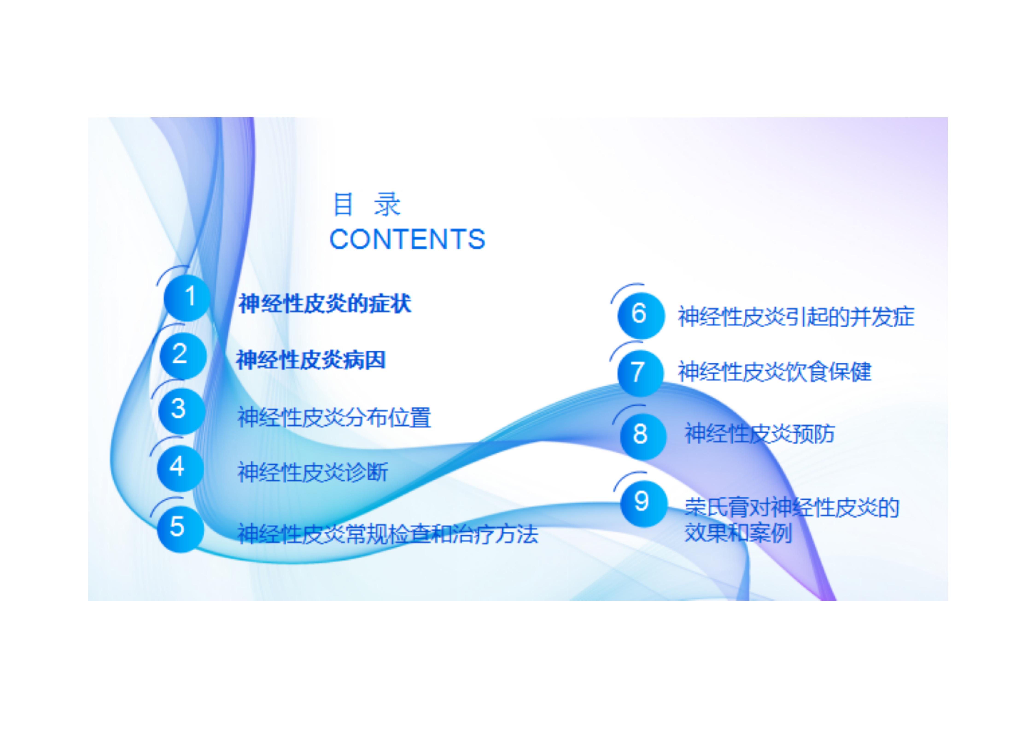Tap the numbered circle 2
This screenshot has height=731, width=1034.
click(183, 355)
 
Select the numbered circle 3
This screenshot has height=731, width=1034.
click(182, 411)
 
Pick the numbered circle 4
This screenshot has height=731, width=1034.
click(180, 468)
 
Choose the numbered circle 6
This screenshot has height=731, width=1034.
click(641, 315)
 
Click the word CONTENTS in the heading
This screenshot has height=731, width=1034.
click(407, 239)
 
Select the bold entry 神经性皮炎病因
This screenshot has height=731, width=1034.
click(311, 360)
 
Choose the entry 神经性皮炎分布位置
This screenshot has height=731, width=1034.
click(334, 417)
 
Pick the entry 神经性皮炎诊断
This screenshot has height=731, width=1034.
click(313, 472)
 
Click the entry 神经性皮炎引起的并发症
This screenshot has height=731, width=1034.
click(796, 317)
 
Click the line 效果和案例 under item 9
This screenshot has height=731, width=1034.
click(738, 533)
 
